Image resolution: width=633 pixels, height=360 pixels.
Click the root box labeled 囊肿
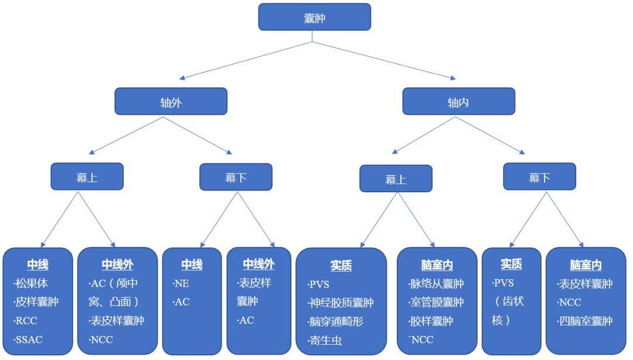point(314,17)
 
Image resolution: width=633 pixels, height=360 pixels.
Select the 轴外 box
point(171,101)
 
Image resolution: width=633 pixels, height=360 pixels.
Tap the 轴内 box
point(458,101)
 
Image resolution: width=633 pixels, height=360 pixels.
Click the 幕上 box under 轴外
point(87,176)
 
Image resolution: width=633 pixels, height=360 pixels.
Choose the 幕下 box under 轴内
point(539,176)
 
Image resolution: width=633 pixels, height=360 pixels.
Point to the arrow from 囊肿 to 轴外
point(246,60)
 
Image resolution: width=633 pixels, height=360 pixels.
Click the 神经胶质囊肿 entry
point(341,303)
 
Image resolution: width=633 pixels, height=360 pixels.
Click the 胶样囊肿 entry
point(431,321)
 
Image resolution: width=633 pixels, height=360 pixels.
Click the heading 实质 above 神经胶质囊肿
point(341,266)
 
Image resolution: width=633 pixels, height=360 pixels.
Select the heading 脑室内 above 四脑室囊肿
point(586,266)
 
